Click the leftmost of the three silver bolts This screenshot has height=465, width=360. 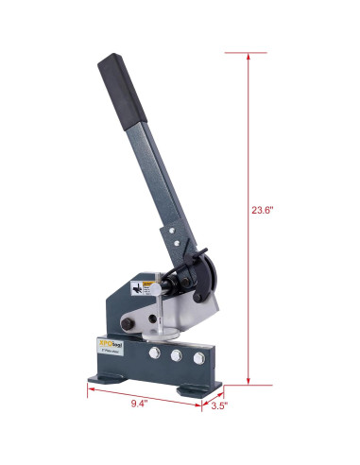click(x=150, y=358)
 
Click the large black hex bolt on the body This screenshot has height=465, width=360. click(x=176, y=282)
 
